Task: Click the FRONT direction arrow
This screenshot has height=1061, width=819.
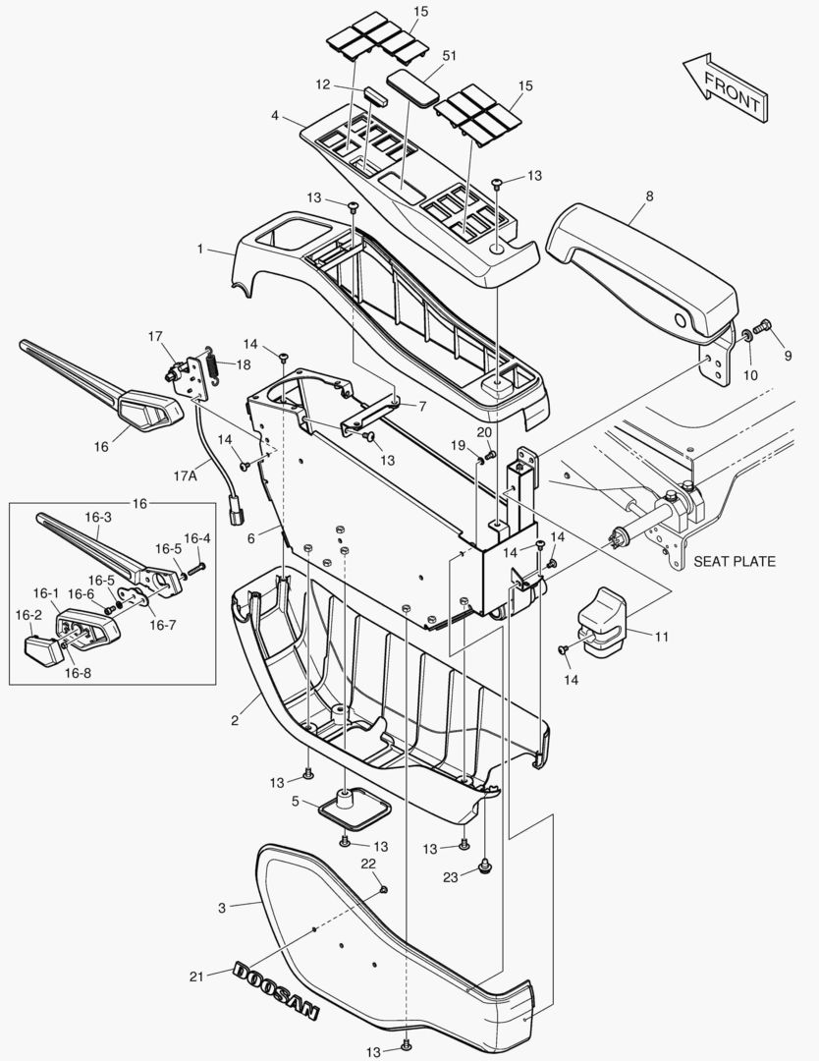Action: click(725, 88)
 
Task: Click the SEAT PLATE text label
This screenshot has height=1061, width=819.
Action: click(734, 562)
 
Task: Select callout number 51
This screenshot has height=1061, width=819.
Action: click(450, 56)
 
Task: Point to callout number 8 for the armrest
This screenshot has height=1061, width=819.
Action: click(648, 196)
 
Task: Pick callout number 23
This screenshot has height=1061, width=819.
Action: click(450, 877)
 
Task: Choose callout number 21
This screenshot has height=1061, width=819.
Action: click(197, 977)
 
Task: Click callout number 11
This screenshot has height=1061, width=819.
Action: click(661, 638)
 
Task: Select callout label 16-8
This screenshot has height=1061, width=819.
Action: click(79, 673)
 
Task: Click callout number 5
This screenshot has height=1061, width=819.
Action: click(296, 802)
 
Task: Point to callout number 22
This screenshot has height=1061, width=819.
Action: click(368, 864)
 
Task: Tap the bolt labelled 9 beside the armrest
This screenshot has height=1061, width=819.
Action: click(766, 327)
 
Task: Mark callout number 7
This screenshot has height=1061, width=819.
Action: click(421, 406)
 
